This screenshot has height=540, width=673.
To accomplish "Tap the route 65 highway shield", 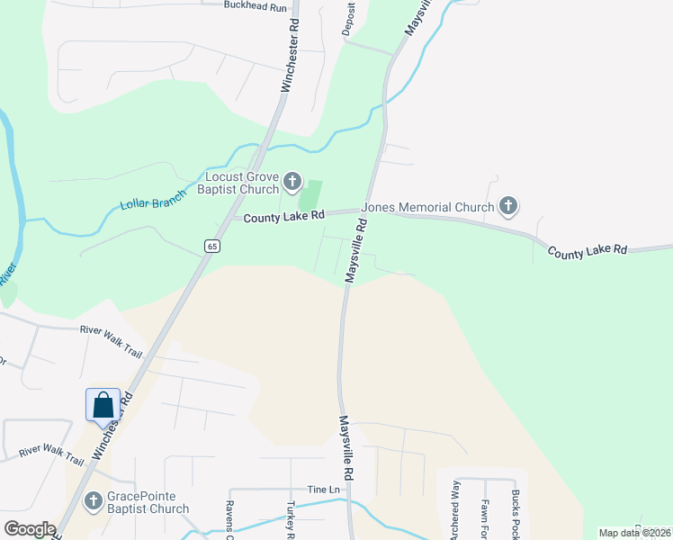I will coord(211,245).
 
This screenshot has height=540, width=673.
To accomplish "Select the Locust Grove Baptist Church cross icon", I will coord(292,182).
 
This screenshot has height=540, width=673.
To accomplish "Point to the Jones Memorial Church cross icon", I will coord(508,207).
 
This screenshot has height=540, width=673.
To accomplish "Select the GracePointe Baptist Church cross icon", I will coord(92,500).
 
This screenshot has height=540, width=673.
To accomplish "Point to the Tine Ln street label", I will coord(323,489).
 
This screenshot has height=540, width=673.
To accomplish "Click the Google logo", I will coord(30,528).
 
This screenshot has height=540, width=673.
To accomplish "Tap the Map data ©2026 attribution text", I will coord(634,533).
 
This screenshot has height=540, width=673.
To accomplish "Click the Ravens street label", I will coord(229,518).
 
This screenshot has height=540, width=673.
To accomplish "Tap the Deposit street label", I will coord(349,18).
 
